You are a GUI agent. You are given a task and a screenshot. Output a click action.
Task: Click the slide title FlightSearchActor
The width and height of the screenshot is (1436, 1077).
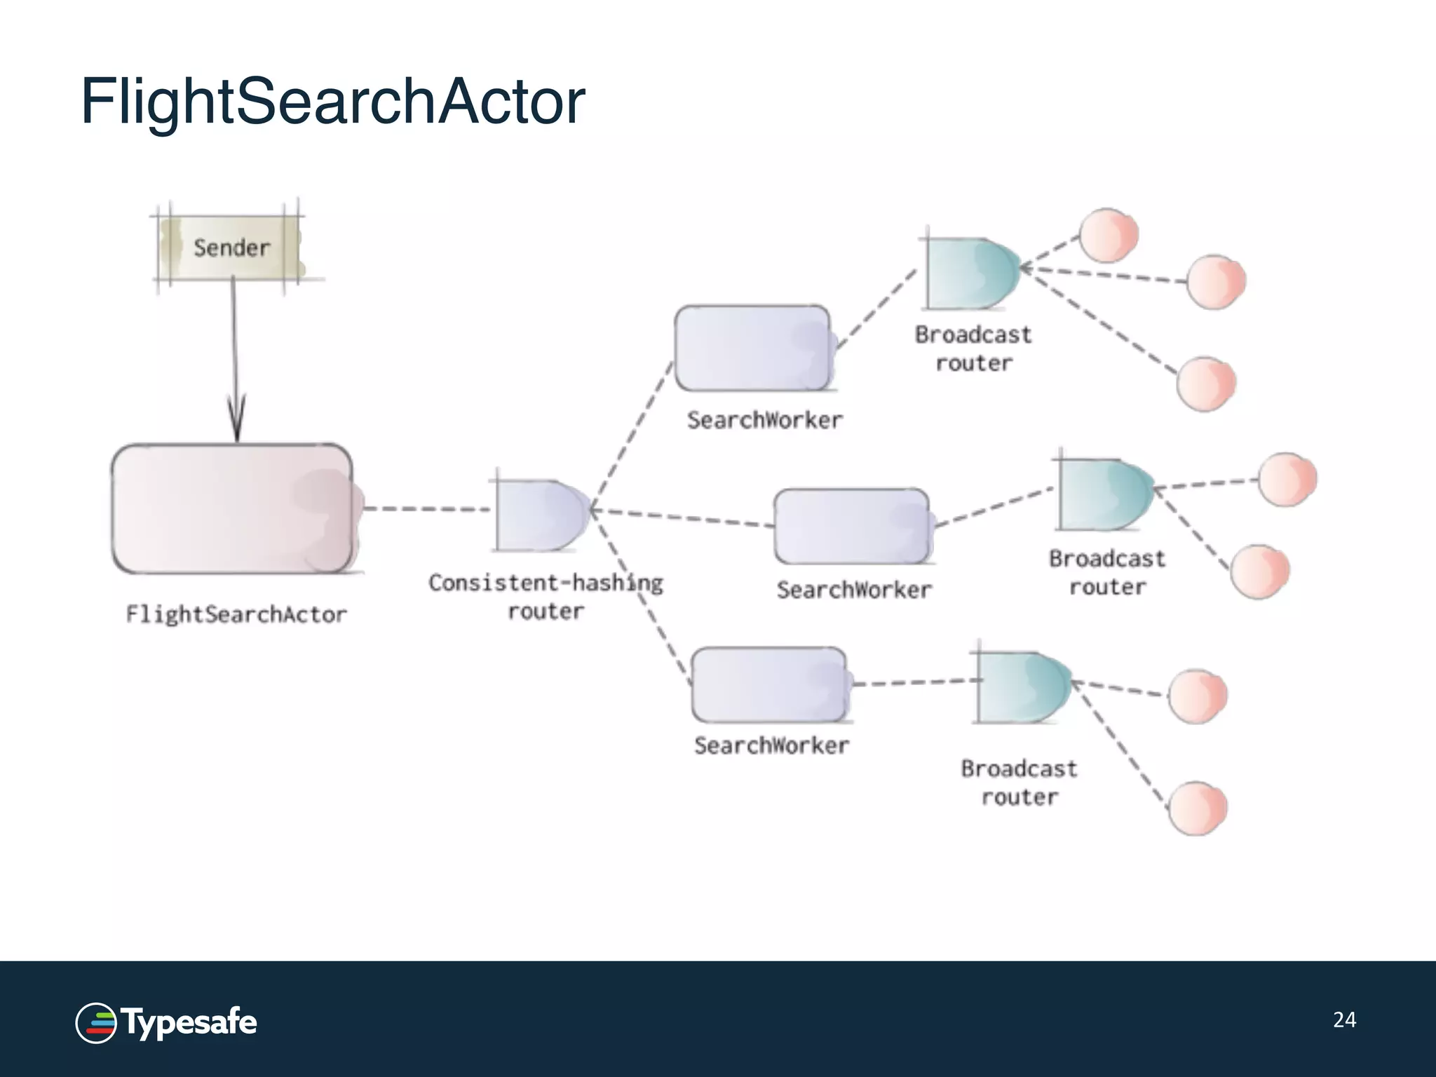pyautogui.click(x=332, y=102)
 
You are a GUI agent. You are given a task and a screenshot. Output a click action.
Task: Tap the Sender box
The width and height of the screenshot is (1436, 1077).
pyautogui.click(x=231, y=248)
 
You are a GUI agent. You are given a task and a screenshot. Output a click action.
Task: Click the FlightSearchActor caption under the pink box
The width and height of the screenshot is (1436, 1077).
pyautogui.click(x=236, y=615)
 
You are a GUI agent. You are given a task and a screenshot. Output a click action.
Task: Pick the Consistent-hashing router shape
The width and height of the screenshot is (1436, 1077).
pyautogui.click(x=541, y=515)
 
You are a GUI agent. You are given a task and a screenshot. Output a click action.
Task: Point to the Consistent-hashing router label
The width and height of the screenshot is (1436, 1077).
pyautogui.click(x=546, y=597)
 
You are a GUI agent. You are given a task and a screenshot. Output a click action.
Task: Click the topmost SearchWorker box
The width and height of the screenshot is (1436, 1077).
pyautogui.click(x=753, y=348)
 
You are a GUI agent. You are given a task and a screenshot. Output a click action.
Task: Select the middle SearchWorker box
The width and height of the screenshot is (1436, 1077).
pyautogui.click(x=853, y=526)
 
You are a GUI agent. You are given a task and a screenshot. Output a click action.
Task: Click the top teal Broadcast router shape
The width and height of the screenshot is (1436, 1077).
pyautogui.click(x=971, y=273)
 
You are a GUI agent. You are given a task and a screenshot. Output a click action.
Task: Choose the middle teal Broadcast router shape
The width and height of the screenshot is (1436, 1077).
pyautogui.click(x=1104, y=495)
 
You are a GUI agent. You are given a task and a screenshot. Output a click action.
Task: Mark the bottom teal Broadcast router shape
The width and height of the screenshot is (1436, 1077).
pyautogui.click(x=1022, y=688)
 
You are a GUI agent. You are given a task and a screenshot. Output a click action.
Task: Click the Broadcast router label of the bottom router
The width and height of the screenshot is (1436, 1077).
pyautogui.click(x=1019, y=783)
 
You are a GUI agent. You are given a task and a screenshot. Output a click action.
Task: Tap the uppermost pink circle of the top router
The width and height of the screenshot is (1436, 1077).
pyautogui.click(x=1108, y=235)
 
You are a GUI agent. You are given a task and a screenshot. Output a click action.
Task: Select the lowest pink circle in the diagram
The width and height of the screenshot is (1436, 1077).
pyautogui.click(x=1198, y=808)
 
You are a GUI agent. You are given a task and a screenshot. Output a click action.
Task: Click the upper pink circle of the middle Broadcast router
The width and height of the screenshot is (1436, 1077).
pyautogui.click(x=1287, y=480)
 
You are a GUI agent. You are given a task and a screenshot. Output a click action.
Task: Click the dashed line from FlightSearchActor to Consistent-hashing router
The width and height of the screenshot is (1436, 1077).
pyautogui.click(x=426, y=509)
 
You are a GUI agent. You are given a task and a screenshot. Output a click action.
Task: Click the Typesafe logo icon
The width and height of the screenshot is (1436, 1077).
pyautogui.click(x=95, y=1023)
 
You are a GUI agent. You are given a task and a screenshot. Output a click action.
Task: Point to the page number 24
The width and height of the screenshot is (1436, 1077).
pyautogui.click(x=1344, y=1020)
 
